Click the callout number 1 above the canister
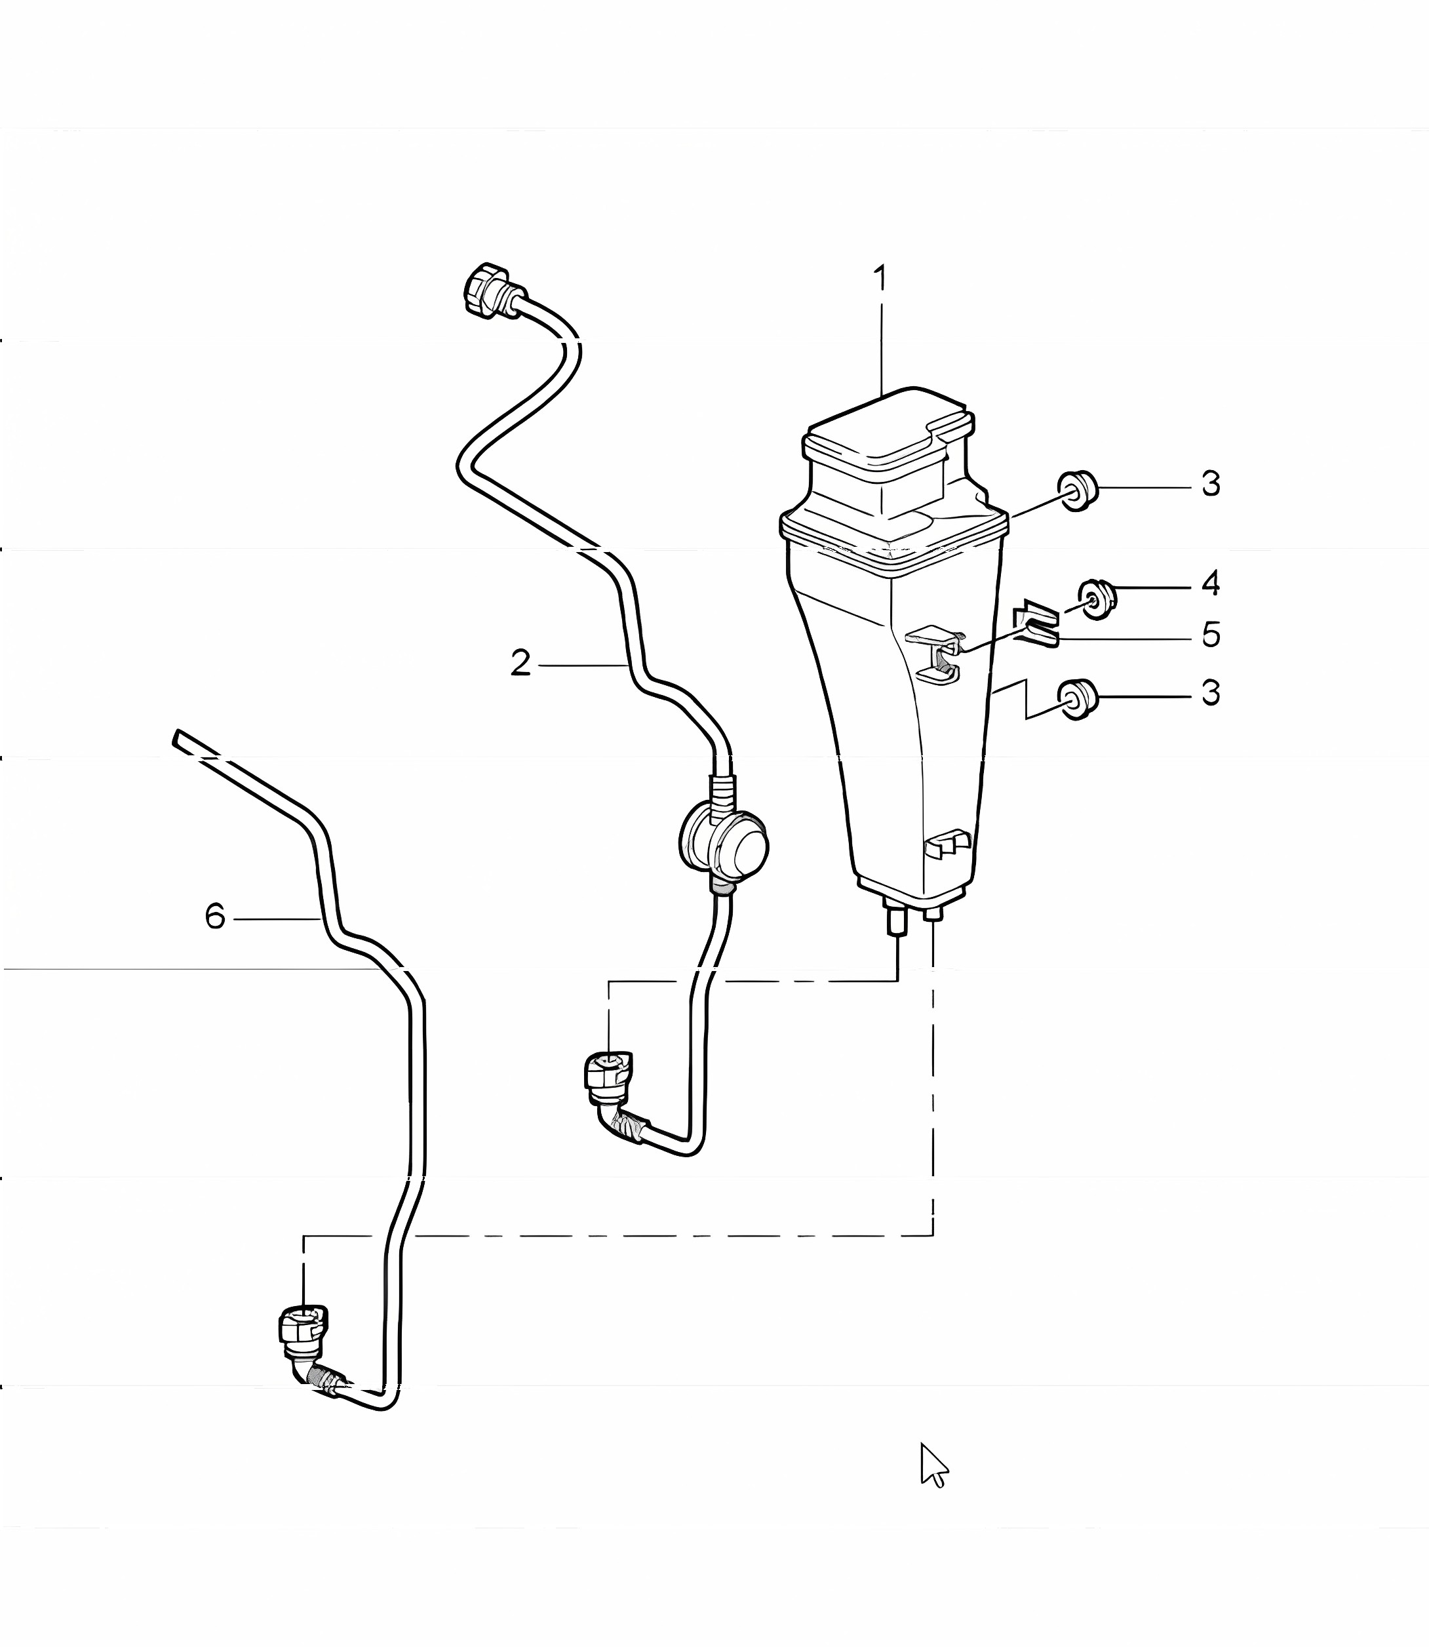pyautogui.click(x=880, y=279)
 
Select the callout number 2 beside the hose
pyautogui.click(x=520, y=664)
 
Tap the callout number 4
pyautogui.click(x=1211, y=584)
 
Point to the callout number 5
pyautogui.click(x=1211, y=635)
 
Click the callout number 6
pyautogui.click(x=215, y=917)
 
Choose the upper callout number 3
pyautogui.click(x=1211, y=483)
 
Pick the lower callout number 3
pyautogui.click(x=1211, y=693)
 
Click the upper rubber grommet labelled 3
pyautogui.click(x=1078, y=490)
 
